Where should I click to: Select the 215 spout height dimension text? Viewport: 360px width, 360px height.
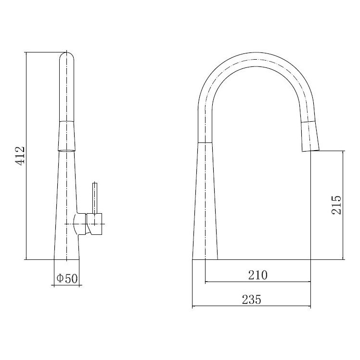[336, 205]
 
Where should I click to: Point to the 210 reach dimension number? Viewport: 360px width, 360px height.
[257, 275]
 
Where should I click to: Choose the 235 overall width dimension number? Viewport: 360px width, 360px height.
[251, 300]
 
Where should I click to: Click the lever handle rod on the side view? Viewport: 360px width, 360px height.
[95, 197]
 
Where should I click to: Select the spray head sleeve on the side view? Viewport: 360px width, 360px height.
[66, 136]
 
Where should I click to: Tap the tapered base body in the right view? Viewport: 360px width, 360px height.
[205, 202]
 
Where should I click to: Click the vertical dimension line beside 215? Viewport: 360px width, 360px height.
[343, 205]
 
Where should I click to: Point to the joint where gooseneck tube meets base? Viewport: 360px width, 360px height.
[205, 142]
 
